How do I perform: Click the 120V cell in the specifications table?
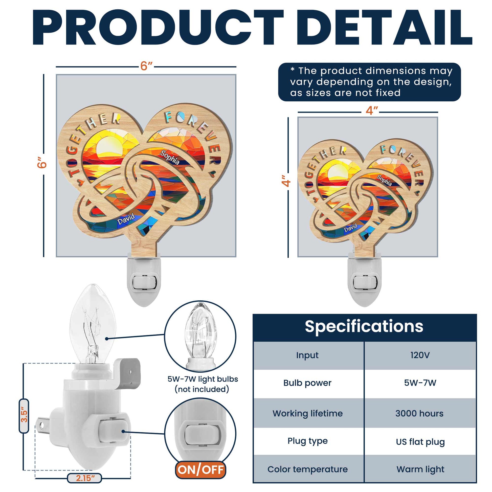coord(420,355)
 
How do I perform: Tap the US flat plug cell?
coord(420,442)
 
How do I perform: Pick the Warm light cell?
coord(420,469)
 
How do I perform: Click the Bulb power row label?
coord(307,383)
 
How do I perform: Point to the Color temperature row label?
coord(307,469)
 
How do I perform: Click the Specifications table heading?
coord(364,326)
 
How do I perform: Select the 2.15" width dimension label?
coord(84,478)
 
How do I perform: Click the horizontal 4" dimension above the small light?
coord(371,111)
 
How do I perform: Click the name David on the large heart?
coord(126,219)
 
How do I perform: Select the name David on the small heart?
coord(351,228)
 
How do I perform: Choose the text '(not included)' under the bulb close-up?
coord(202,389)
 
